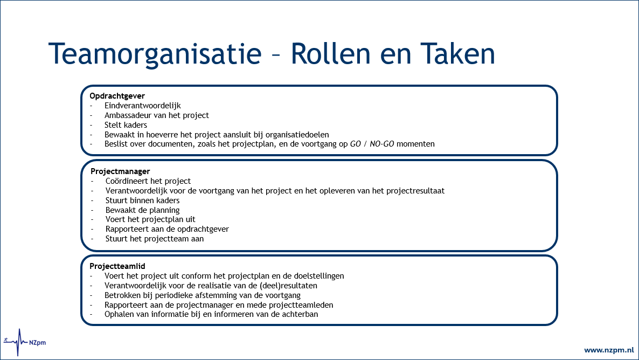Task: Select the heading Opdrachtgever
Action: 117,96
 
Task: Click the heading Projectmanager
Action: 120,171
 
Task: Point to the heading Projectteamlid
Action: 117,266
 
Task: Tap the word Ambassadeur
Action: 129,115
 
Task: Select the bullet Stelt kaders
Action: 126,125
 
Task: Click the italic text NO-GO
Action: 381,144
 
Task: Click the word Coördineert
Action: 126,181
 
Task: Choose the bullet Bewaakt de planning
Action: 142,210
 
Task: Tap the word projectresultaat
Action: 415,191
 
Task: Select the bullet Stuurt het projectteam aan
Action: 155,239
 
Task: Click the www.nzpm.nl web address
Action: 608,350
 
